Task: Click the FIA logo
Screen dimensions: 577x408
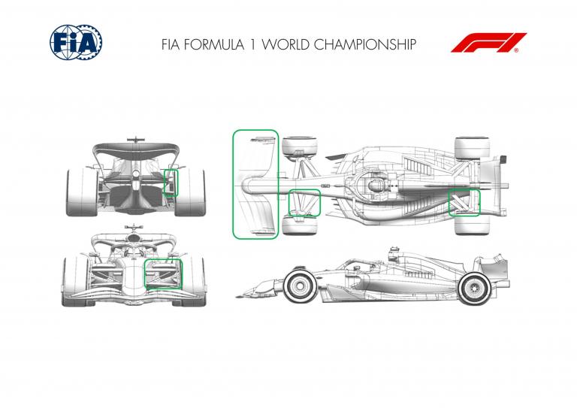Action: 76,42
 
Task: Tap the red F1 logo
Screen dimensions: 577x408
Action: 488,43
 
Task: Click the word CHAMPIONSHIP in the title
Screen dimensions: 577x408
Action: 365,44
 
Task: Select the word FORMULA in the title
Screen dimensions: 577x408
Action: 214,44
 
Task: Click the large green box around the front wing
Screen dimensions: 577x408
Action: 233,184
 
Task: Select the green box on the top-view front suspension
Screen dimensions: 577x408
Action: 288,203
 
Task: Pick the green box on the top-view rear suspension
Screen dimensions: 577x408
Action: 449,202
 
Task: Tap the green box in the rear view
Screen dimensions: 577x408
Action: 164,183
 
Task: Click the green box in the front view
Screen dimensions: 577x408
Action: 144,274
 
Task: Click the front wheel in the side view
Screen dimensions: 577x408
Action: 300,286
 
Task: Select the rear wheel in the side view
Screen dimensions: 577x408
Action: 474,289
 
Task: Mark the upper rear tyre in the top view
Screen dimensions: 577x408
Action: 472,148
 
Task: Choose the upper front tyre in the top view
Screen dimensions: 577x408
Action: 300,147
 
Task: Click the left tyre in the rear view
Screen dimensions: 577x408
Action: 82,192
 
